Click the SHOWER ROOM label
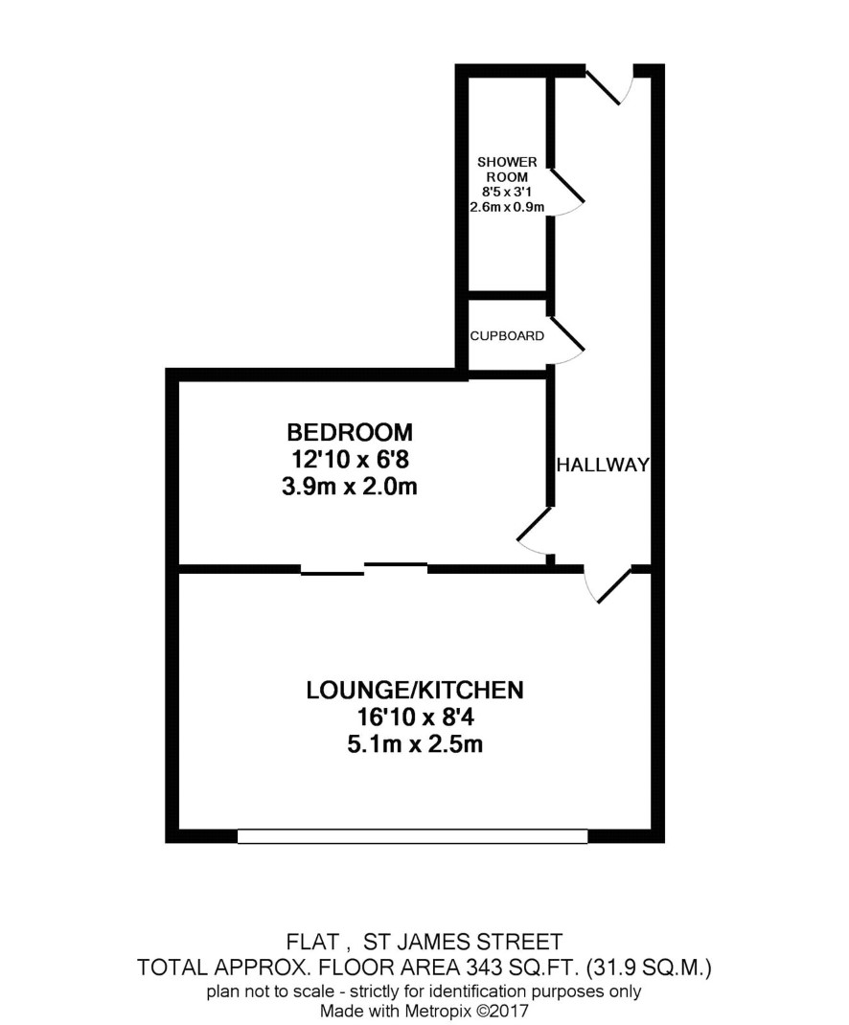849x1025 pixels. click(x=507, y=170)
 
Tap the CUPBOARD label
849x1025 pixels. click(x=507, y=336)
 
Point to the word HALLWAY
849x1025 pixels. click(x=603, y=465)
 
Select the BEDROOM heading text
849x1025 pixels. click(x=350, y=432)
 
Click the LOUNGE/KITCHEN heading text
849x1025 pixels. click(x=415, y=691)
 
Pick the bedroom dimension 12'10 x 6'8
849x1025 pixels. click(x=350, y=460)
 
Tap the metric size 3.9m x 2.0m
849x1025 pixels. click(x=350, y=487)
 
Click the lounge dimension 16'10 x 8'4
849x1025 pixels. click(x=415, y=717)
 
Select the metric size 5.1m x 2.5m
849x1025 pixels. click(x=415, y=744)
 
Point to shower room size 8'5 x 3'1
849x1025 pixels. click(x=507, y=193)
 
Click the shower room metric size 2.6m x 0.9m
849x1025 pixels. click(x=507, y=207)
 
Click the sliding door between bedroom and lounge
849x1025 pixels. click(x=364, y=569)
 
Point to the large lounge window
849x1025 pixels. click(x=413, y=836)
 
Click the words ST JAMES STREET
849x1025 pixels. click(x=463, y=942)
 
